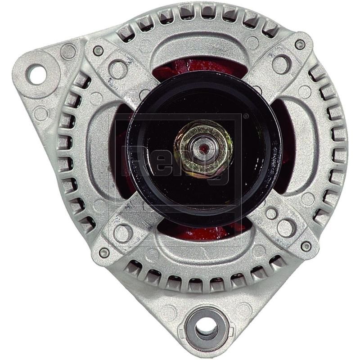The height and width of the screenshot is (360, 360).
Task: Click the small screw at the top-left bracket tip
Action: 98,50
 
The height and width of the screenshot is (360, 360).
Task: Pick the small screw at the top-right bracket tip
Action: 300,44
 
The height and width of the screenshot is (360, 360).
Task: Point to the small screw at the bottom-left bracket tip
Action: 104,252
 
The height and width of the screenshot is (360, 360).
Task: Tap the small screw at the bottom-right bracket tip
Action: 306,246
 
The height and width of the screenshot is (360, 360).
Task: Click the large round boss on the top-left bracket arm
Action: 118,69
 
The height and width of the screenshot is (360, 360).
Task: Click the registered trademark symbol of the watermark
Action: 246,117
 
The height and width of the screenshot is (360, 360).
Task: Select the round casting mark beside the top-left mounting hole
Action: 68,52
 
